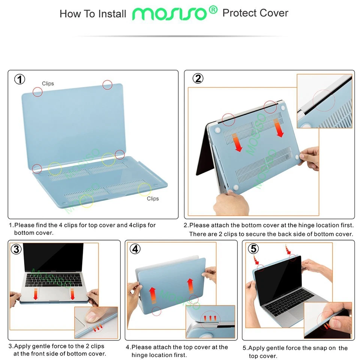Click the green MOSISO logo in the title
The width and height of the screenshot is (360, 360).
coord(169,13)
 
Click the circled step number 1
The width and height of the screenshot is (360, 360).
coord(20,79)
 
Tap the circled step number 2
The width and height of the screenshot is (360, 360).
coord(198,78)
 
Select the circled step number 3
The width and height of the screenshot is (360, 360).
coord(16,249)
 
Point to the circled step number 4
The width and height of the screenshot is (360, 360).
coord(135,249)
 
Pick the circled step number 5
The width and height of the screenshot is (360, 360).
coord(253,249)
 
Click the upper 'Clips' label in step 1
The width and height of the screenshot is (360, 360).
coord(48,84)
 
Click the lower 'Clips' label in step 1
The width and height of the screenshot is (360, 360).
coord(153,198)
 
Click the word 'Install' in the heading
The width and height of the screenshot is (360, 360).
coord(112,14)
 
